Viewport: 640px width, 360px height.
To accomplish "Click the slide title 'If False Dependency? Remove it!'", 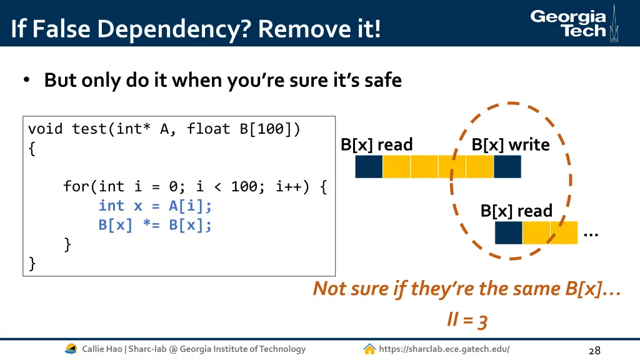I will (195, 29).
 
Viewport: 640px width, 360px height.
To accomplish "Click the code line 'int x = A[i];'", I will (155, 206).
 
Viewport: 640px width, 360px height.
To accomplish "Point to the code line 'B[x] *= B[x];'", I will (155, 225).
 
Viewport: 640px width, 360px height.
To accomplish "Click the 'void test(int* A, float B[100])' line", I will (164, 129).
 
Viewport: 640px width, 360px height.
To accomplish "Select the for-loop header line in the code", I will (194, 186).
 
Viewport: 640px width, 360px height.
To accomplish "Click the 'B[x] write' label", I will (510, 145).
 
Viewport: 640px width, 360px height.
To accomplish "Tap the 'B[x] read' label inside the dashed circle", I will (516, 211).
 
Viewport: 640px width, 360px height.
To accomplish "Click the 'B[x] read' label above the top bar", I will (376, 145).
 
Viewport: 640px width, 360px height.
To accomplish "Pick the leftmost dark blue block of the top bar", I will (369, 167).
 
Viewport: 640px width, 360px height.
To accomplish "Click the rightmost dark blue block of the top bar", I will (507, 167).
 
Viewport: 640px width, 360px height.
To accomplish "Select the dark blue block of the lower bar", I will (508, 232).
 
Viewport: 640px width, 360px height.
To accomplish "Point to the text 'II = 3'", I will (467, 321).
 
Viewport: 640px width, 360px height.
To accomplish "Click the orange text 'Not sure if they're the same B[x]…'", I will (466, 289).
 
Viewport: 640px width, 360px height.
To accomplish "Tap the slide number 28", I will (594, 350).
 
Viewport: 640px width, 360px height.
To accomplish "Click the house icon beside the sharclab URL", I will (369, 349).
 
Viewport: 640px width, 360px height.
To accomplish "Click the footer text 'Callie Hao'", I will (102, 349).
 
